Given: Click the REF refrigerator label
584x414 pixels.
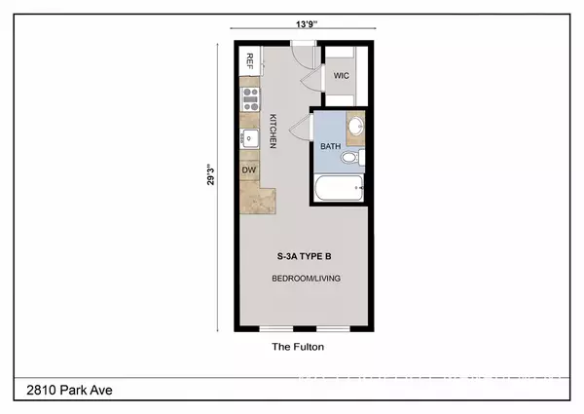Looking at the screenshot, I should pos(250,62).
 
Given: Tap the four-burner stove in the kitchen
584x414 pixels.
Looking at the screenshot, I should pos(251,96).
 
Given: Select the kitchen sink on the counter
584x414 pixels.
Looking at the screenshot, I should pos(249,139).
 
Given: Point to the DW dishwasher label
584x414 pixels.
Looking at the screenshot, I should pos(248,169).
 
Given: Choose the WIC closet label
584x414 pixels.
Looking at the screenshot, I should pos(342,74).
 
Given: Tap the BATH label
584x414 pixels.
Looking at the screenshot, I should pos(330,147).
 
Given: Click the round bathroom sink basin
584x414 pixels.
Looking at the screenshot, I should pos(354,127).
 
